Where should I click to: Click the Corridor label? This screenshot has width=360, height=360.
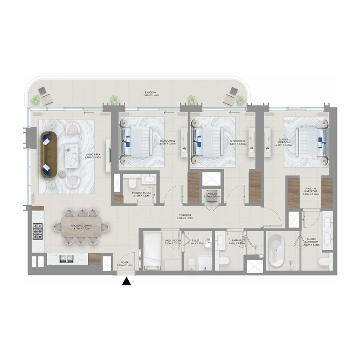pyautogui.click(x=185, y=218)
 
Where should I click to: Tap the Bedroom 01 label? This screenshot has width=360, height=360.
pyautogui.click(x=237, y=143)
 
